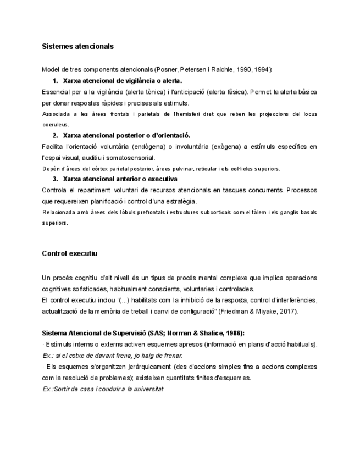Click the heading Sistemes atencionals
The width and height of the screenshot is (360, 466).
click(77, 46)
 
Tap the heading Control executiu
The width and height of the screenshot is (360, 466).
click(69, 254)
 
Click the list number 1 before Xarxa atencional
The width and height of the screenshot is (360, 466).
click(55, 81)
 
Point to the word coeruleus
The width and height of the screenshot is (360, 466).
click(55, 125)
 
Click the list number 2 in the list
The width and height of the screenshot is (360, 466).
click(55, 135)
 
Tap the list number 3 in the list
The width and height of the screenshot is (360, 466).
click(55, 179)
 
